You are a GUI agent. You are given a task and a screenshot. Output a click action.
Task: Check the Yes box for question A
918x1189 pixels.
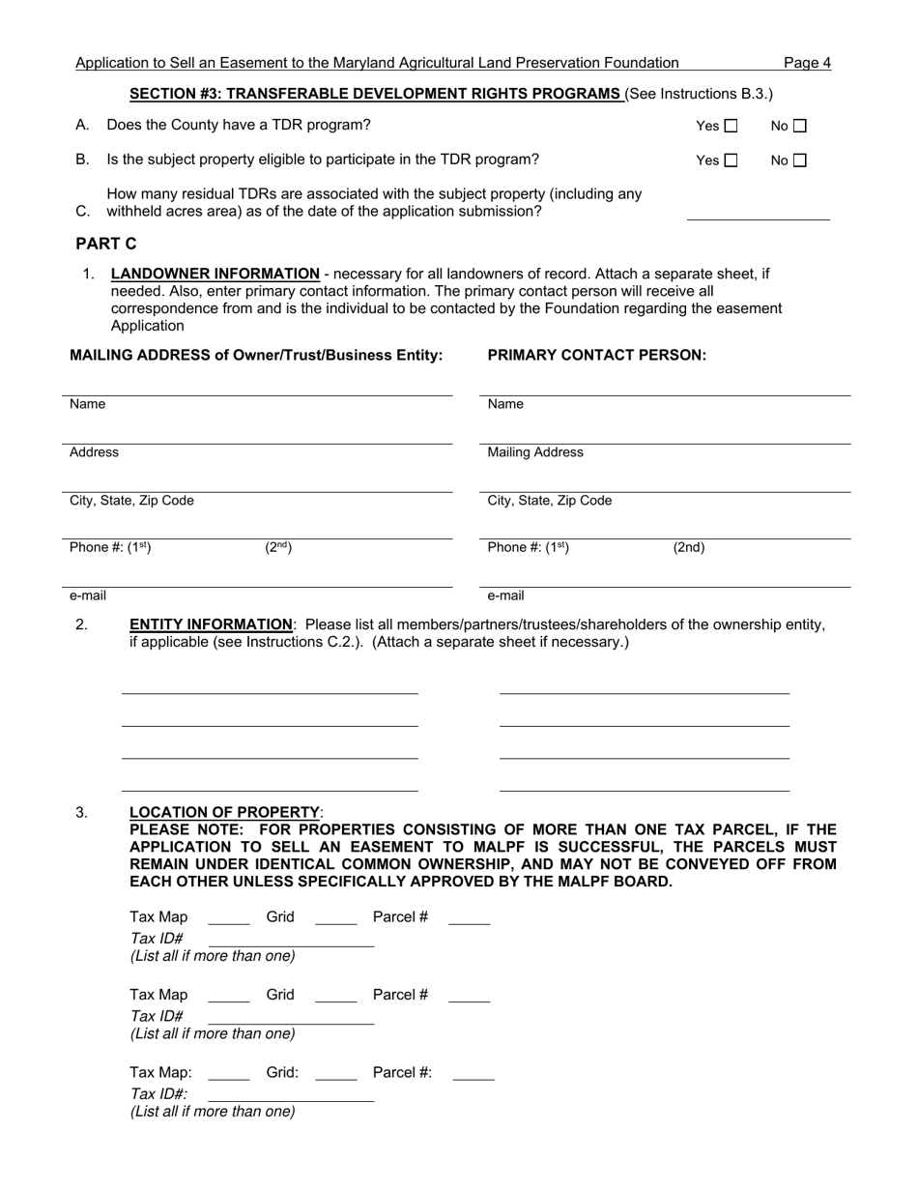pyautogui.click(x=731, y=126)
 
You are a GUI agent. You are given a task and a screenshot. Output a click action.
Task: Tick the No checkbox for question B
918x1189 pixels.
pyautogui.click(x=799, y=160)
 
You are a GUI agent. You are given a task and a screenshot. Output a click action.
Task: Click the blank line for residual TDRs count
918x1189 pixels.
pyautogui.click(x=758, y=213)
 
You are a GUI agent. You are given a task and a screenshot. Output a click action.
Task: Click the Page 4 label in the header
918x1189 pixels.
pyautogui.click(x=807, y=63)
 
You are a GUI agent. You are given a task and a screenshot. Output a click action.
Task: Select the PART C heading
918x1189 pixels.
pyautogui.click(x=106, y=244)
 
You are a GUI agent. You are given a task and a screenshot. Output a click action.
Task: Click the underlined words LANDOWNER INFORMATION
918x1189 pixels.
pyautogui.click(x=215, y=274)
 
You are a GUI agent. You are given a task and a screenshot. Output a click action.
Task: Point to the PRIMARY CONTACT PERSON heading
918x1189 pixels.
pyautogui.click(x=596, y=355)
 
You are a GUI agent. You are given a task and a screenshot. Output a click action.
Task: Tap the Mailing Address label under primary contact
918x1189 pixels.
pyautogui.click(x=535, y=452)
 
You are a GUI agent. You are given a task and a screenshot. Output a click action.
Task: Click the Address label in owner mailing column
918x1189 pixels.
pyautogui.click(x=95, y=452)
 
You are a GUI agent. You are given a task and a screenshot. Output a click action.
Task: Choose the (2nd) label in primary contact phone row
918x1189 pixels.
pyautogui.click(x=689, y=547)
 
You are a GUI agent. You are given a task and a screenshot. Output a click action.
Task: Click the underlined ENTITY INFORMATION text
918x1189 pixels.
pyautogui.click(x=211, y=624)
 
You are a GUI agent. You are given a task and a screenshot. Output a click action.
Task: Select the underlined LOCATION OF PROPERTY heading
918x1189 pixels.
pyautogui.click(x=225, y=812)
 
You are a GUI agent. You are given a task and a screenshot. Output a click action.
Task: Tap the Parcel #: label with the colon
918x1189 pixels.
pyautogui.click(x=403, y=1072)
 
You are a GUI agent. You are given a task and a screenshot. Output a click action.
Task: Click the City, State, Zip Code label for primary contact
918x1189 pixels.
pyautogui.click(x=550, y=501)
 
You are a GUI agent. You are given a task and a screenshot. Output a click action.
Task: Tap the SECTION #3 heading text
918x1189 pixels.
pyautogui.click(x=376, y=94)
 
